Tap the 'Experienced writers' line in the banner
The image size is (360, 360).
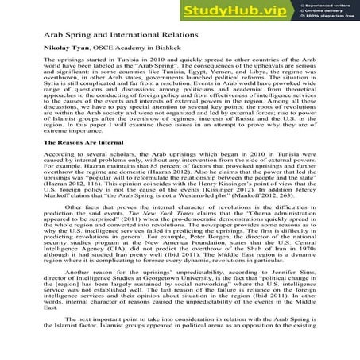pyautogui.click(x=327, y=6)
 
